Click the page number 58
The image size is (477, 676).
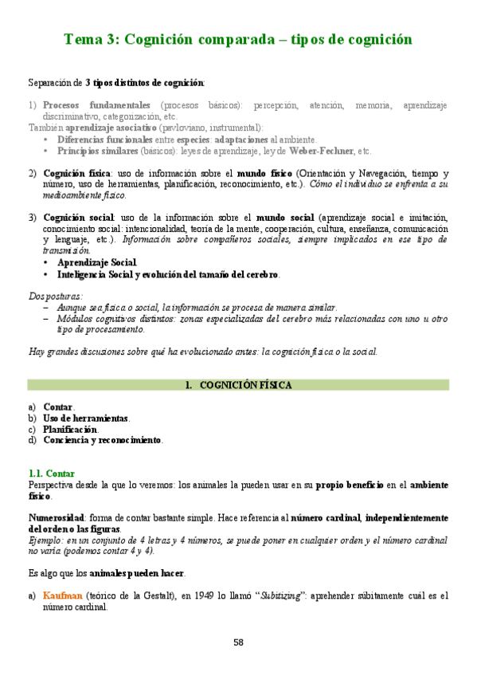238,643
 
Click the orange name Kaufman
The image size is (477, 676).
61,595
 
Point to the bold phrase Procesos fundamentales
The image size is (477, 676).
96,105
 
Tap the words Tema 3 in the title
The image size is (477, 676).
88,38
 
